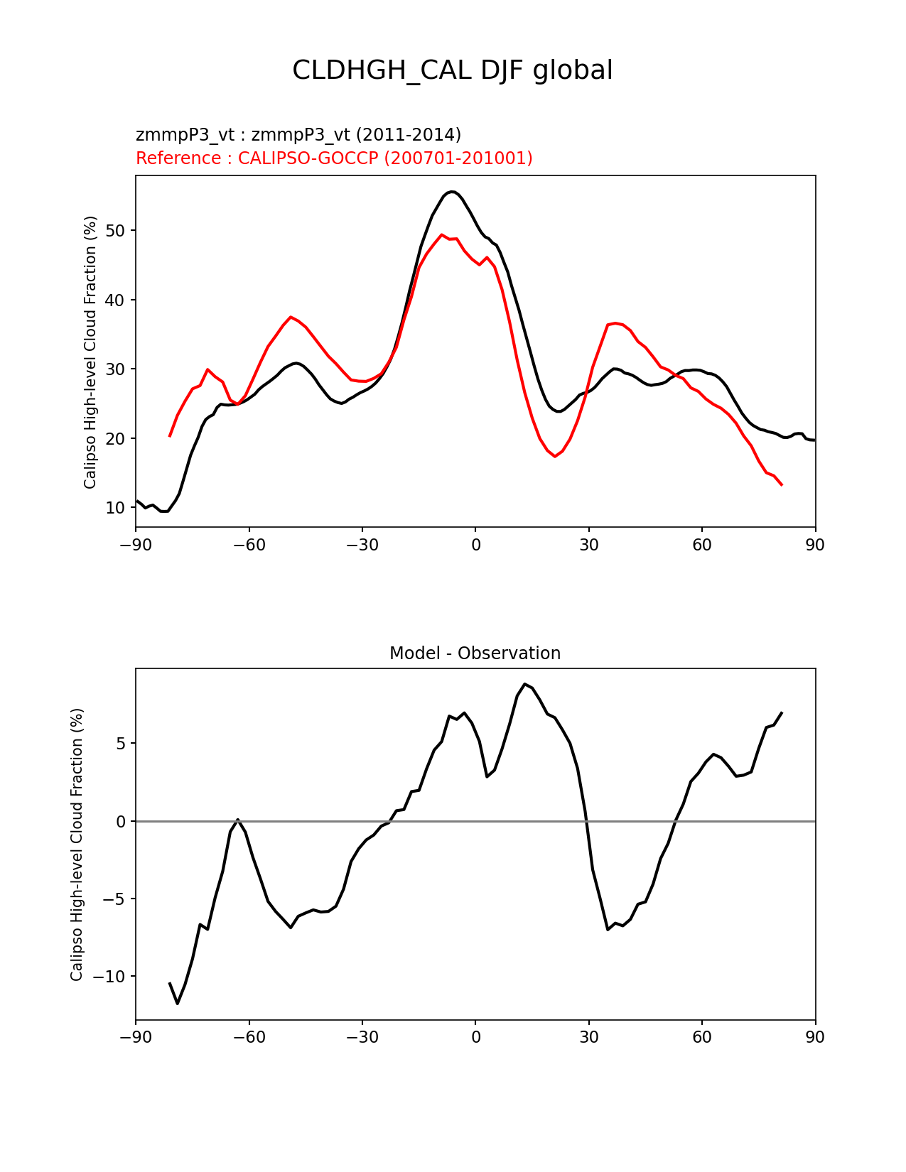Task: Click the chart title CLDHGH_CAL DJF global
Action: pos(452,70)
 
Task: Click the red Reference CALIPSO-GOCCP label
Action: pos(334,158)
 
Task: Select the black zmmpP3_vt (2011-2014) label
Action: pos(298,134)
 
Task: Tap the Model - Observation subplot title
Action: pos(475,653)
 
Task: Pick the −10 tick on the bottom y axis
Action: pos(111,977)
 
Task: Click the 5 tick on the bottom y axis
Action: pos(121,744)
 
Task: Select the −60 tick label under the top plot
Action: pos(249,545)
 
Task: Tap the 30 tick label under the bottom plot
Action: pos(588,1038)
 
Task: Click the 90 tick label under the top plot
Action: pos(815,545)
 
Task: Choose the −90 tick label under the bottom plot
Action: pos(136,1038)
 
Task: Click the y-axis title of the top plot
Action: pos(90,352)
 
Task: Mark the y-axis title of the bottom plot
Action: pos(77,844)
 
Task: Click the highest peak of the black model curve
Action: pos(452,191)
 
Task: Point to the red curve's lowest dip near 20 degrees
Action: pos(555,456)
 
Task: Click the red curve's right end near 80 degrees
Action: pos(782,484)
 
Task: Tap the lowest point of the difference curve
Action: pos(178,1003)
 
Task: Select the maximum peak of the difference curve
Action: pos(524,684)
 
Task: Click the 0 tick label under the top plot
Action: pos(475,545)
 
